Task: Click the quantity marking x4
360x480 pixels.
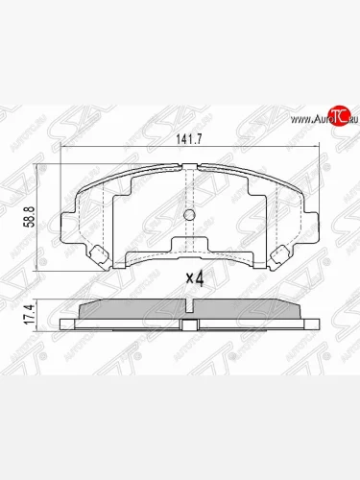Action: [195, 279]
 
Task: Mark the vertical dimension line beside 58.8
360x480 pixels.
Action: [39, 209]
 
